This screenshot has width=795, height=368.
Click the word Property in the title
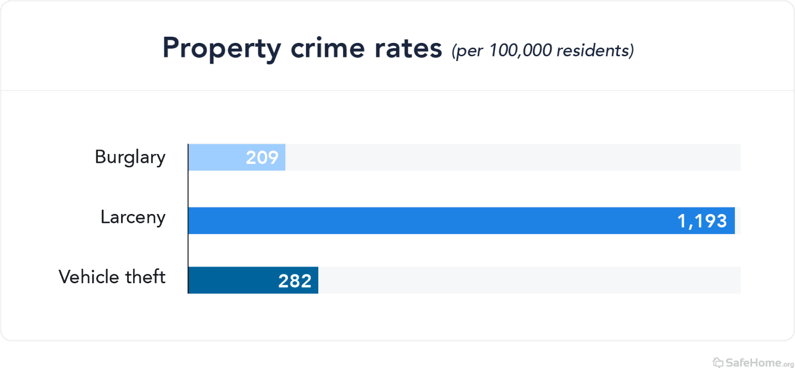(x=222, y=49)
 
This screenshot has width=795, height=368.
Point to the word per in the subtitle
(x=469, y=51)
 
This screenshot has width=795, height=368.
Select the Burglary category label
(x=130, y=157)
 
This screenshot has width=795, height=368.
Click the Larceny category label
(x=133, y=217)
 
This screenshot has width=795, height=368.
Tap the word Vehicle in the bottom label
(x=89, y=277)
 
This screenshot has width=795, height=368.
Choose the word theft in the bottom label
(x=145, y=277)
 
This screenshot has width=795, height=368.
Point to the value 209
(x=262, y=158)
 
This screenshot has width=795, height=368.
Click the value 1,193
(x=702, y=221)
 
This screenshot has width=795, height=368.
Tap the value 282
(x=295, y=281)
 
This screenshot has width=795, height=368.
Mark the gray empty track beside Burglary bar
(x=512, y=157)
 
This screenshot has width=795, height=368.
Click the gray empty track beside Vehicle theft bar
(x=528, y=280)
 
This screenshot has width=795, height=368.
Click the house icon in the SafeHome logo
(x=717, y=361)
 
